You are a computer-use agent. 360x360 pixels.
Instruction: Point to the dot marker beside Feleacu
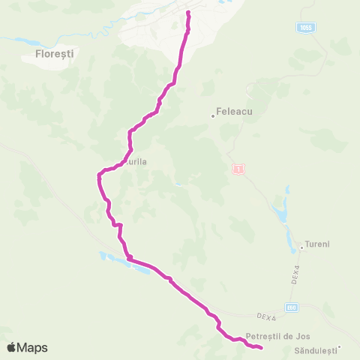coord(213,115)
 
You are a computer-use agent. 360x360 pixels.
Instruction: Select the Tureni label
coord(319,245)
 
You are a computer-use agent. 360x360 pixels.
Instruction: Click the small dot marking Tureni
coord(301,246)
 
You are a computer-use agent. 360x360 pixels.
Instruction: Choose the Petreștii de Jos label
coord(277,336)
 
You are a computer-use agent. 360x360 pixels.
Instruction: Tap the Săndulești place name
coord(313,350)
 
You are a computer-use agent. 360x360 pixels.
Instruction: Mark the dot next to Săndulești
coord(339,346)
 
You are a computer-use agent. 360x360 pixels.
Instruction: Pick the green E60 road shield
coord(292,307)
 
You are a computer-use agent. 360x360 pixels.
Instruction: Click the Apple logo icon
coord(12,347)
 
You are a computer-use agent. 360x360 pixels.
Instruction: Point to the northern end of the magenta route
coord(187,13)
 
